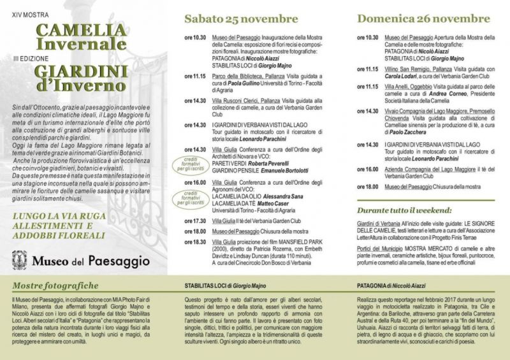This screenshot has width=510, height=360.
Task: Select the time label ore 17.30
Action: pos(194,220)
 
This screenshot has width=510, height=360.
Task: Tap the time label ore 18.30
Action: pos(194,241)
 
